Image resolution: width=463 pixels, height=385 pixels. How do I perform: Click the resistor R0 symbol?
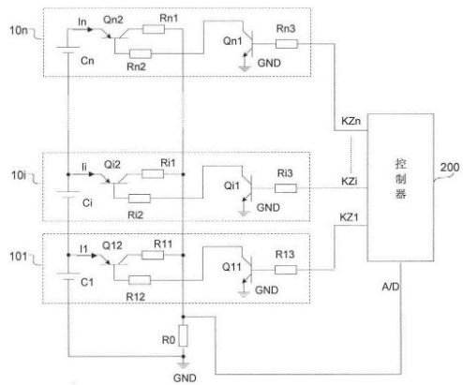coord(183,335)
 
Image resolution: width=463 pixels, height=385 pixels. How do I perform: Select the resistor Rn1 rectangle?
coord(154,29)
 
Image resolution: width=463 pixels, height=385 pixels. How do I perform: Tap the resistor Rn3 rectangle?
coord(287,44)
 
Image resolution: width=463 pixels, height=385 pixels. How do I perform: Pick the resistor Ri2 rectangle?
coord(140,199)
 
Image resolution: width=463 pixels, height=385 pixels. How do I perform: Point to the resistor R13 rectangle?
coord(286,270)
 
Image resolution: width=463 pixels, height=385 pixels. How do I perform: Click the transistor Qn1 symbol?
coord(248,44)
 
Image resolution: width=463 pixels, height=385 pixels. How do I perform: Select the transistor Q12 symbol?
coord(114,260)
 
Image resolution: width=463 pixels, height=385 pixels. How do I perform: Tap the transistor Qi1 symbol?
coord(247,188)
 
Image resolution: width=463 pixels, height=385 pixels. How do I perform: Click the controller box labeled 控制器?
coord(400,187)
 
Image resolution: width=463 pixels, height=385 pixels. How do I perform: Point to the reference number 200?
coord(450,168)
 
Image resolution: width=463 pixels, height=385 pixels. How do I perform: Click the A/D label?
coord(391,287)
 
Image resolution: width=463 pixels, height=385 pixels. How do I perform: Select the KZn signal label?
coord(351,121)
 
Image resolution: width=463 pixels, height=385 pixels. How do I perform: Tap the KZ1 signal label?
coord(349,217)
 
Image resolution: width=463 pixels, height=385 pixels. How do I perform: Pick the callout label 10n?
coord(19,30)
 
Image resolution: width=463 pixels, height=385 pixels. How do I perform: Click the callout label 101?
coord(19,257)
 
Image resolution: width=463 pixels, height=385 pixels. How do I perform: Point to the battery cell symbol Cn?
coord(68,50)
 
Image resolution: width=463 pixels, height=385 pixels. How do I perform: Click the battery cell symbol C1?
coord(68,276)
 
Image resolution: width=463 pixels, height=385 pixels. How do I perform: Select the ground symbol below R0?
coord(184,364)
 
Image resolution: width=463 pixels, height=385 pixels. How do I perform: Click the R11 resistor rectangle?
coord(153,256)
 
